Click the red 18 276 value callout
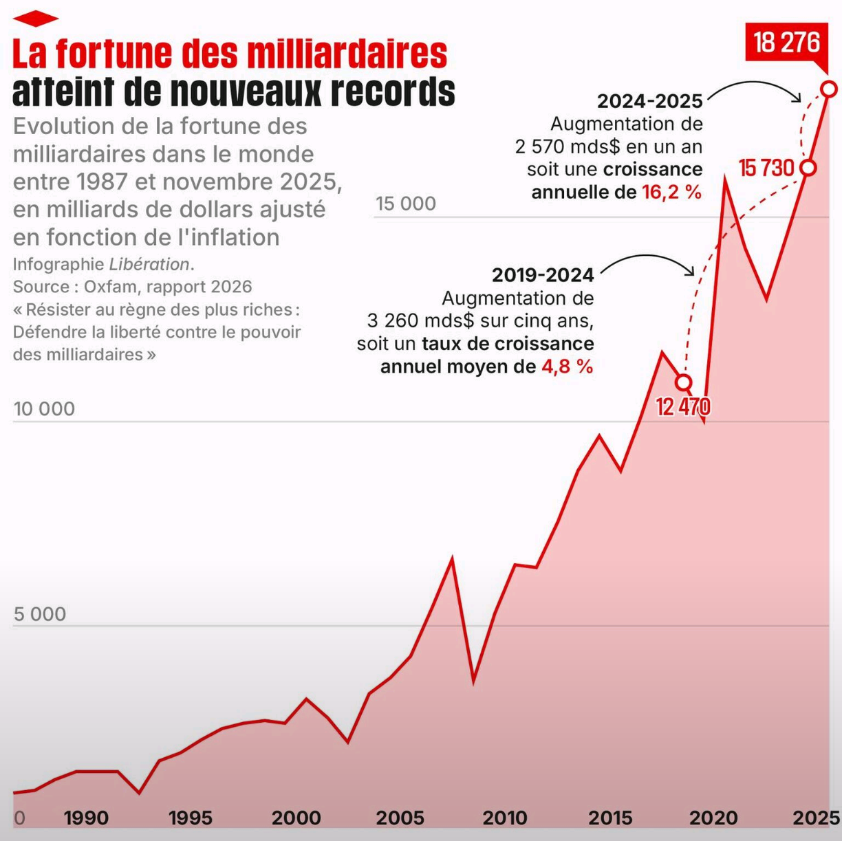pos(786,43)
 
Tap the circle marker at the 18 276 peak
pos(829,89)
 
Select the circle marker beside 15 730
pos(809,168)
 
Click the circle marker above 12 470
pos(683,382)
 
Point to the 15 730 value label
pos(766,168)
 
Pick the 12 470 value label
pos(682,406)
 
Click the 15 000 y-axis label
pos(406,204)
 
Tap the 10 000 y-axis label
pos(45,409)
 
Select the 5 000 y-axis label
pos(40,614)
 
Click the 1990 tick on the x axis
pos(86,818)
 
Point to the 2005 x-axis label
pos(400,818)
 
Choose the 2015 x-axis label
pos(610,818)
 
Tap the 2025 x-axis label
pos(816,818)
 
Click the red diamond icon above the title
pos(36,19)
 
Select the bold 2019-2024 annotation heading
pos(543,275)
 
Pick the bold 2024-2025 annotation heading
pos(650,102)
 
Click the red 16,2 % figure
pos(672,192)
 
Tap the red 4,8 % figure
pos(567,367)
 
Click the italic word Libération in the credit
pos(149,264)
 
